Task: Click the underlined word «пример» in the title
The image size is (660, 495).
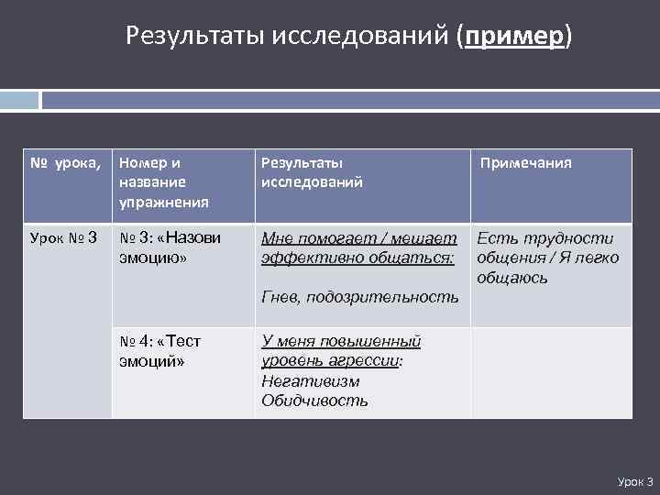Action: pos(515,37)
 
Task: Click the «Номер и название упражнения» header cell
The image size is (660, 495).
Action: pos(164,181)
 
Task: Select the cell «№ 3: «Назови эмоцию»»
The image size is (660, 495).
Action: pos(170,248)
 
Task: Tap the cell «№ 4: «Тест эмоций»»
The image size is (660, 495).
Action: pos(160,351)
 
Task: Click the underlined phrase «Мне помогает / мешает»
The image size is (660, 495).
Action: pos(358,239)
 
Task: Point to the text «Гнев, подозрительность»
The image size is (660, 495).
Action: pos(359,297)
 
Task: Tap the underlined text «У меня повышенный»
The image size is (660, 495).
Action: pos(341,341)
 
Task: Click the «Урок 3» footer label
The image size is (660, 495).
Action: pos(634,481)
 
